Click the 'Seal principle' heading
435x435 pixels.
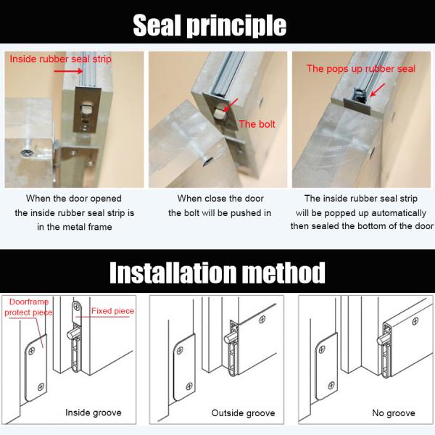[210, 25]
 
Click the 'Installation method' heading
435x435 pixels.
[217, 273]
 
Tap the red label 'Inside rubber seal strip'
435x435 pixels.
[61, 59]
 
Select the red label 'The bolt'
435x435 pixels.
[257, 124]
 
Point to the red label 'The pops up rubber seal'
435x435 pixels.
[361, 69]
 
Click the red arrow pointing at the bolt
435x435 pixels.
[231, 109]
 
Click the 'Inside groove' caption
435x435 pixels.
[94, 413]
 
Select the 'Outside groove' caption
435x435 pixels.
[243, 413]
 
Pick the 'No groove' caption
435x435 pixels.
[392, 413]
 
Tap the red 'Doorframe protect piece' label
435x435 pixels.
[28, 307]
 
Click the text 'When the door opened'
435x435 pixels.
[74, 198]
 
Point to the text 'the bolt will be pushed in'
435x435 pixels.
[220, 213]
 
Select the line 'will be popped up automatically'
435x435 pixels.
[361, 213]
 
